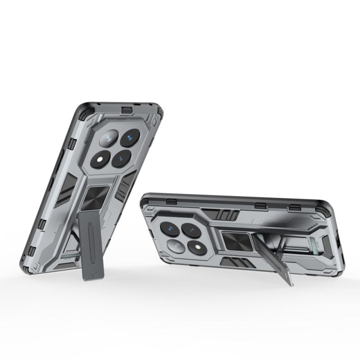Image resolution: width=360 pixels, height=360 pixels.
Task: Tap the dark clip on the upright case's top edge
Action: [x=127, y=109]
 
